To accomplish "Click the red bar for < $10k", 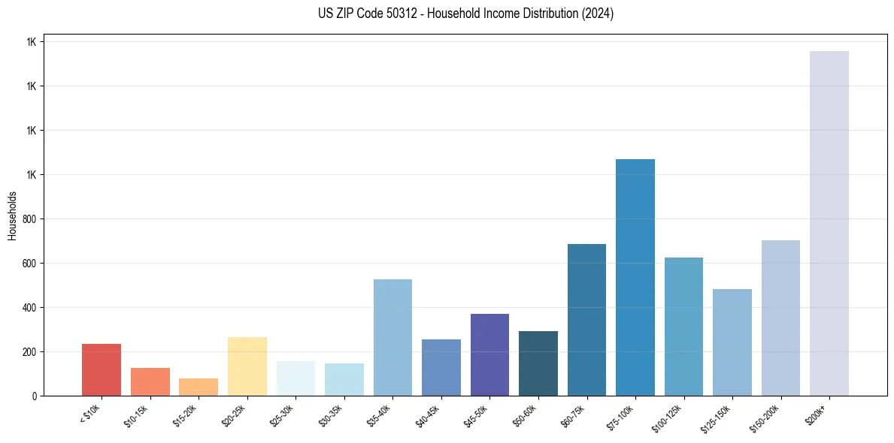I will tap(102, 369).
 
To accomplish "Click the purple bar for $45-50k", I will tap(489, 354).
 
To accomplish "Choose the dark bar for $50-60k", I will tap(538, 363).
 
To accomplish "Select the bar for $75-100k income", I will tap(635, 278).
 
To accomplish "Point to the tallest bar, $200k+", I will tap(829, 224).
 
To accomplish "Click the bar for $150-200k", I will tap(780, 318).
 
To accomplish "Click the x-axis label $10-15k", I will tap(137, 415).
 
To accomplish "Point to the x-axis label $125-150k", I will tap(717, 417).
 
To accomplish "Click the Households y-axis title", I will tap(12, 215).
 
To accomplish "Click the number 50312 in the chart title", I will tap(399, 14).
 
